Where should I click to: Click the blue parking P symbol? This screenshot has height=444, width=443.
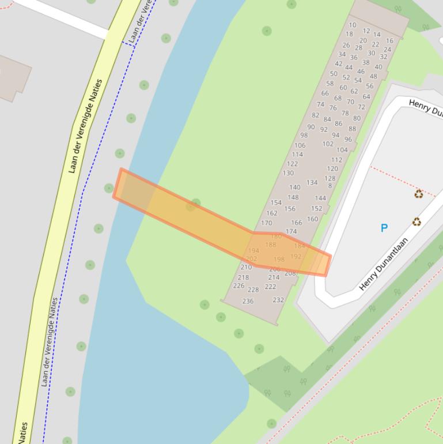tap(384, 228)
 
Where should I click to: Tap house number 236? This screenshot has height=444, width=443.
tap(248, 301)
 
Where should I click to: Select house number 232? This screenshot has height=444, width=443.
tap(278, 300)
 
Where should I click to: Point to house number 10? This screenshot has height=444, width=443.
tap(351, 25)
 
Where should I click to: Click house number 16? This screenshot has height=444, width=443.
tap(389, 41)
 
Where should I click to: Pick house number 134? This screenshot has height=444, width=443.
tap(312, 182)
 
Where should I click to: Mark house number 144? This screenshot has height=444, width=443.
tap(320, 198)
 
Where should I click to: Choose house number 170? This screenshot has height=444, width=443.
tap(266, 223)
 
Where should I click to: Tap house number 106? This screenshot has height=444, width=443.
tap(300, 145)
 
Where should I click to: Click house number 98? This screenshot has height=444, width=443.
tap(304, 136)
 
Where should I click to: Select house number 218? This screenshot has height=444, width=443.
tap(243, 277)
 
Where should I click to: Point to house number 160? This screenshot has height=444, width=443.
tap(312, 219)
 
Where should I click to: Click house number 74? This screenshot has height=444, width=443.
tap(320, 104)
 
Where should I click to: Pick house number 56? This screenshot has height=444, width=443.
tap(369, 86)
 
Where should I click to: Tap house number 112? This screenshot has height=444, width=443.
tap(336, 160)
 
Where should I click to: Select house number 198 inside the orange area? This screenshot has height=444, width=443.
tap(279, 259)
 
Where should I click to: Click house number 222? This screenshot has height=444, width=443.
tap(270, 287)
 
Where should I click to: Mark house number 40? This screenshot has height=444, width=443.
tap(378, 67)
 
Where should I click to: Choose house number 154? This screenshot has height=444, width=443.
tap(276, 202)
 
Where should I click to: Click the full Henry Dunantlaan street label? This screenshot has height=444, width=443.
tap(384, 264)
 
